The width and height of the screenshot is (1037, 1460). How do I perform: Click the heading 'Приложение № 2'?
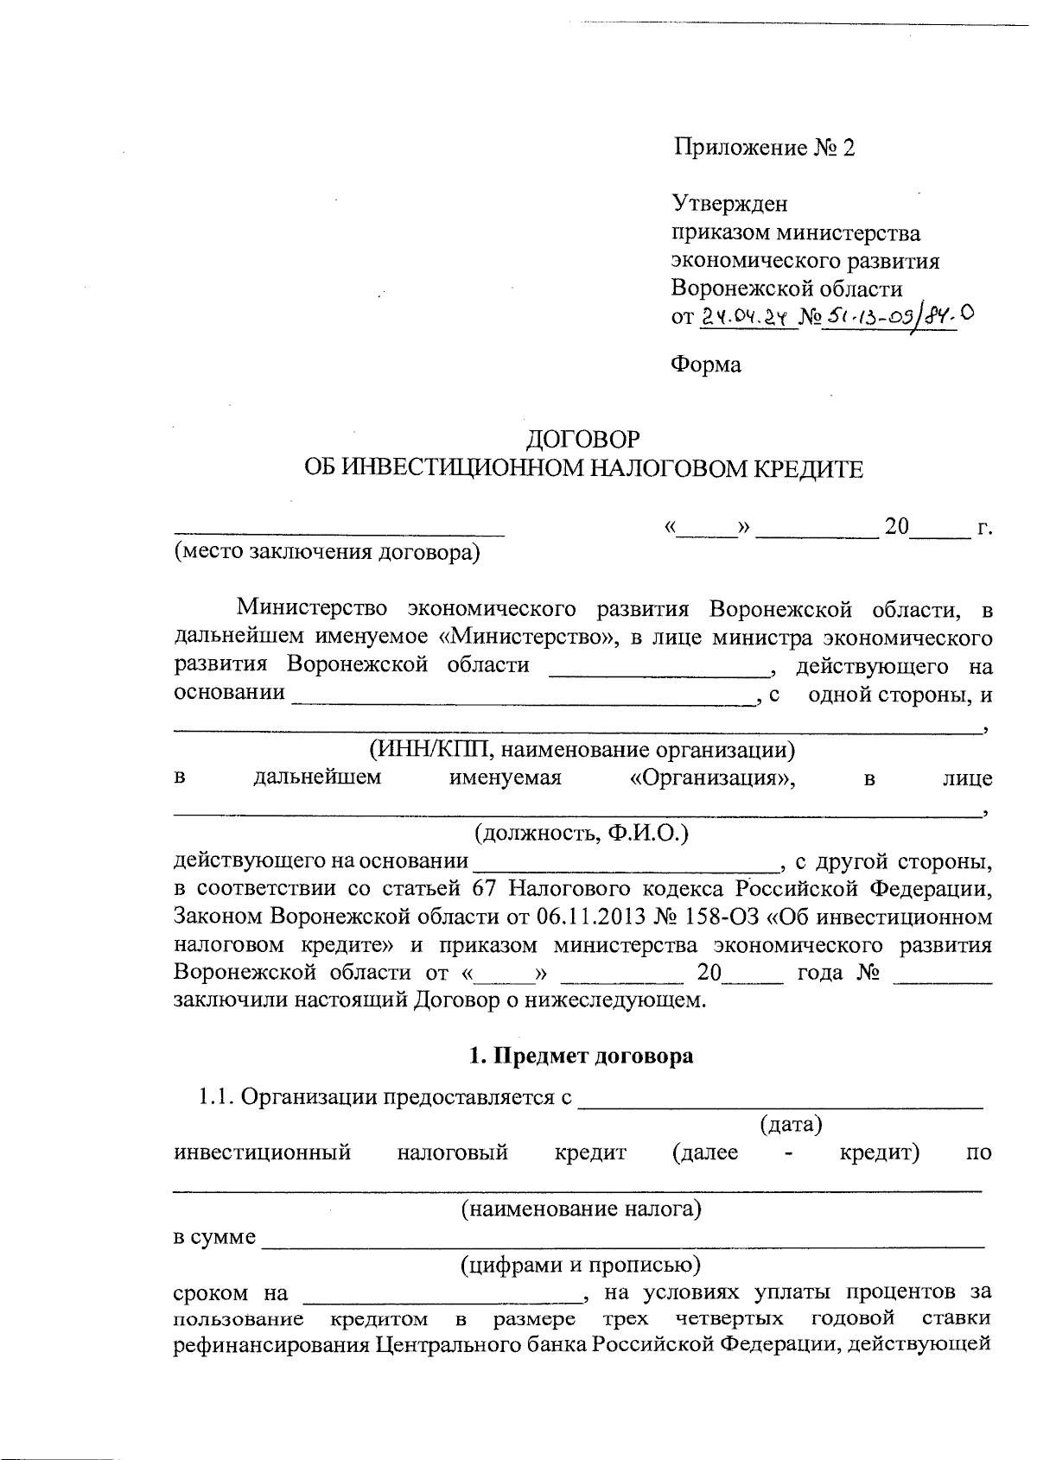(764, 148)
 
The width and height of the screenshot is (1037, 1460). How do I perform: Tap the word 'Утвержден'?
(730, 204)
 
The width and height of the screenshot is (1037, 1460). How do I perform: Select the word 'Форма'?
(706, 365)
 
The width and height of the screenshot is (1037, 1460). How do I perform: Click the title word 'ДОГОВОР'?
(583, 440)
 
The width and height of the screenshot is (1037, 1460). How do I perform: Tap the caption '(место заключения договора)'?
(327, 552)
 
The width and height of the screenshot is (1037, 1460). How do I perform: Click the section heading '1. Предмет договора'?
(581, 1056)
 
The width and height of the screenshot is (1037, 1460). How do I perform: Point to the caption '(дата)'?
(790, 1125)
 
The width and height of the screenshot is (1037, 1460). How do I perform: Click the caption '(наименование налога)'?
(581, 1209)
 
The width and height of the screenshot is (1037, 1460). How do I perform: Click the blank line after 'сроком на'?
(442, 1296)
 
